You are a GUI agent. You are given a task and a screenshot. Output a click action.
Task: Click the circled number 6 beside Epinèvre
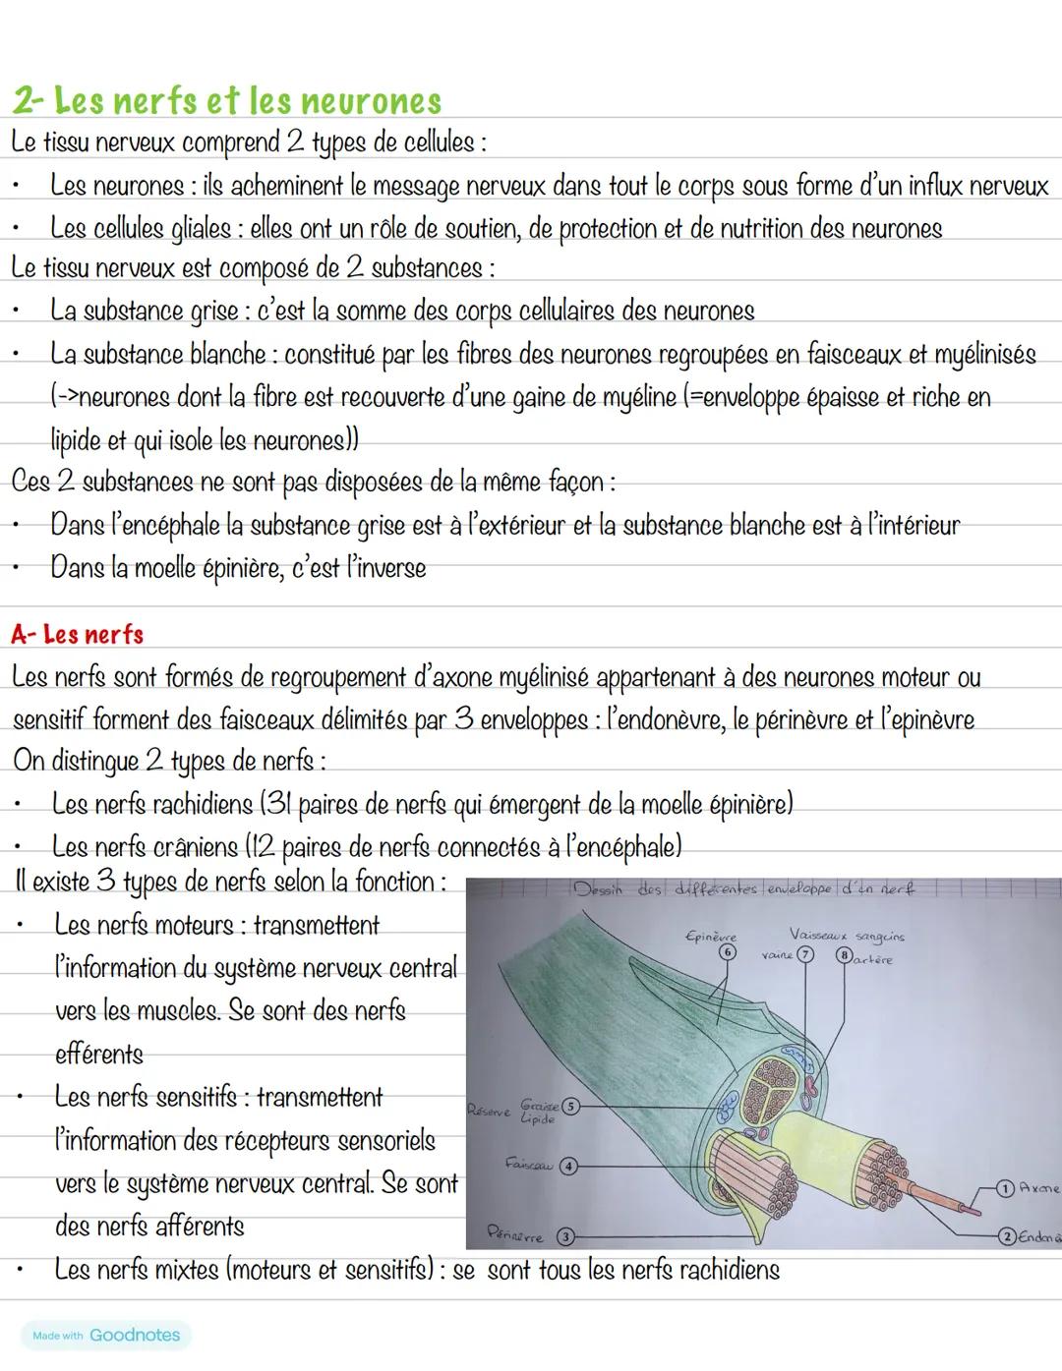[x=727, y=952]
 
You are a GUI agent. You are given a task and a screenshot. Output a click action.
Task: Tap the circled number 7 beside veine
[x=804, y=955]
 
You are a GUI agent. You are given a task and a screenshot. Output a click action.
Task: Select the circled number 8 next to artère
[x=842, y=955]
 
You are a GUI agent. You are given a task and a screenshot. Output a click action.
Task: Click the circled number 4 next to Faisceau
[x=567, y=1166]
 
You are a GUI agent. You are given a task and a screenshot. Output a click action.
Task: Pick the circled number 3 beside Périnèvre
[x=564, y=1235]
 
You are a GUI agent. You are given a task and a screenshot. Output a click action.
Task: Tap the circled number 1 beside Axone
[x=1004, y=1188]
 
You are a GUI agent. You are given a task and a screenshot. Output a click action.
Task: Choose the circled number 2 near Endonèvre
[x=1004, y=1235]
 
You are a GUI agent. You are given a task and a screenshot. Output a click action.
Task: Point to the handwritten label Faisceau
[x=527, y=1164]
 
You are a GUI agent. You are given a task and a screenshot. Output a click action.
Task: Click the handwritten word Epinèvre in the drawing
[x=710, y=937]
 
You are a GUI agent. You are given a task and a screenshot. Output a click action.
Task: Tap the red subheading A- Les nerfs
[x=78, y=635]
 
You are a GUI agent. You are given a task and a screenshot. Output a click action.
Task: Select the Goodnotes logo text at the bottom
[x=135, y=1336]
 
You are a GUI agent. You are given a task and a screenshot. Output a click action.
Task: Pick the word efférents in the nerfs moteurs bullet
[x=98, y=1055]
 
